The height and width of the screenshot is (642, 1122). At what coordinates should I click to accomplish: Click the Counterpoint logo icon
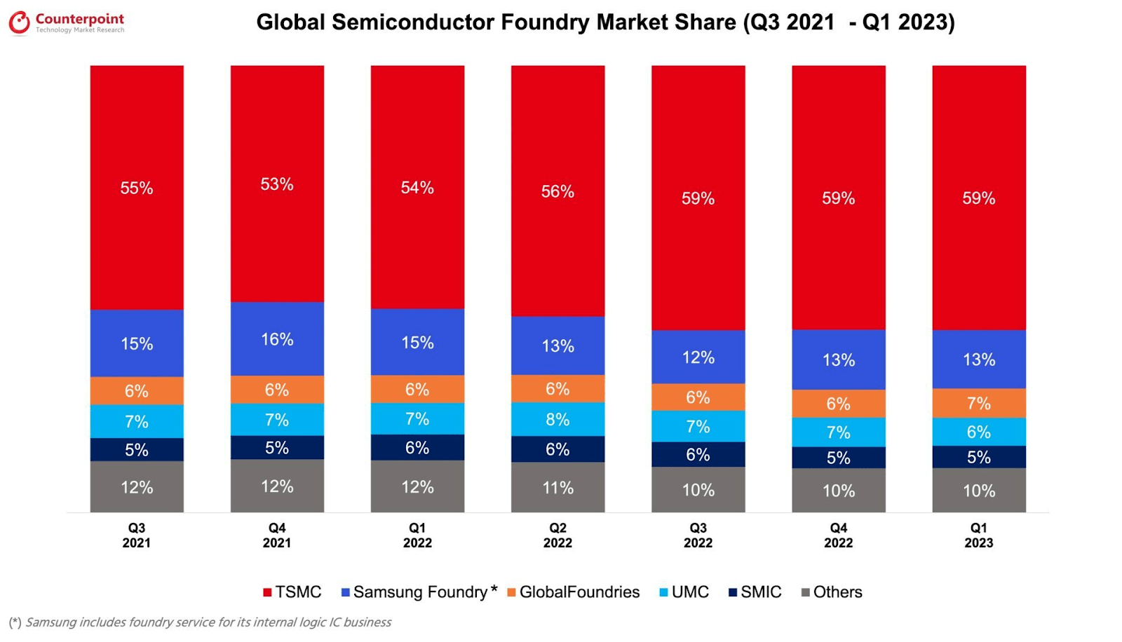point(19,22)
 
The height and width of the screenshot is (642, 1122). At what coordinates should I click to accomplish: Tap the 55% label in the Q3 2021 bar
point(137,188)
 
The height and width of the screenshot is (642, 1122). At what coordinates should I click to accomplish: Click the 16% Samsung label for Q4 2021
point(277,339)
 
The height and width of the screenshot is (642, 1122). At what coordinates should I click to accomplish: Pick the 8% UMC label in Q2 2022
point(557,419)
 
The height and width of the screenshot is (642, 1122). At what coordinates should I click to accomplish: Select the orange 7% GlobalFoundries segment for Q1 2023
point(978,403)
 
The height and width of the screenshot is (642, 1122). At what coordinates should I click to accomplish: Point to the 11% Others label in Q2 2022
point(557,487)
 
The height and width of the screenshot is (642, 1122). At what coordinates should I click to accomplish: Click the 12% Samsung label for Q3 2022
point(698,357)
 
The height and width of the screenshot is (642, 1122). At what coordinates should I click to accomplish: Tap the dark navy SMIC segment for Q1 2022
point(417,447)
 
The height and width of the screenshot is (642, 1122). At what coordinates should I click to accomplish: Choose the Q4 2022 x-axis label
point(838,535)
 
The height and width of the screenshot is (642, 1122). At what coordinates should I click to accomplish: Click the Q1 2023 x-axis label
point(978,535)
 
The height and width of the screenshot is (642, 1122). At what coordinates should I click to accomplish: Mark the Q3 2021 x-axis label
point(137,535)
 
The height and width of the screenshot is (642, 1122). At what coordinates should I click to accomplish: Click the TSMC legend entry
point(292,592)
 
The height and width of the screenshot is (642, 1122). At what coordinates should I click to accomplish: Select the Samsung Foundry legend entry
point(419,592)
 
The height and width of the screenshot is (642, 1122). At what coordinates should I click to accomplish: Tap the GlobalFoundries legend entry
point(573,592)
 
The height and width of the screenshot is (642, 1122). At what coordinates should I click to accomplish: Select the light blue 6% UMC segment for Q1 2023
point(978,432)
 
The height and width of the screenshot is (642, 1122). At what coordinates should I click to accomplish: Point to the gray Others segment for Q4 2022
point(838,491)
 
